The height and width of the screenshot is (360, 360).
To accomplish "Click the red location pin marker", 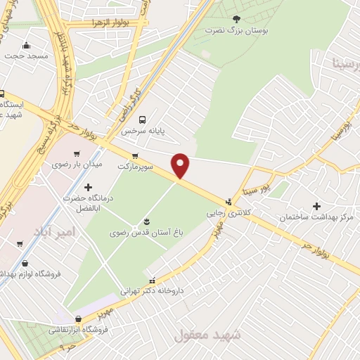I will tap(181, 165).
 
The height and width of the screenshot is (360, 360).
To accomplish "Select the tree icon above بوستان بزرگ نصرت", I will tap(235, 19).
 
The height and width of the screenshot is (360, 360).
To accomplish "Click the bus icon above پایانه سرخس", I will tap(143, 120).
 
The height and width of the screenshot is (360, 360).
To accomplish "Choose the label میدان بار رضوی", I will tap(77, 164).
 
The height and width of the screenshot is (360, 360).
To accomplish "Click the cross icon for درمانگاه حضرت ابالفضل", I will tap(88, 187).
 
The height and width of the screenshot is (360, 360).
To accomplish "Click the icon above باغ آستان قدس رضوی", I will tap(146, 221).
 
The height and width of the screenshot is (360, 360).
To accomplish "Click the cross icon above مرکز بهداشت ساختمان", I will tap(316, 207).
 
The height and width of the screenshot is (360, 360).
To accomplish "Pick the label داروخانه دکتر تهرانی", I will tap(152, 290).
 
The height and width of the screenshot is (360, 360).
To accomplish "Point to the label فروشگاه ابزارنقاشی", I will tap(78, 329).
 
